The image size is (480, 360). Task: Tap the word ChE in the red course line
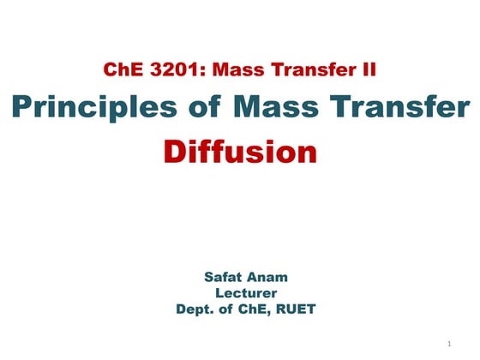point(121,69)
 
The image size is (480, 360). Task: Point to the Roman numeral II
point(369,69)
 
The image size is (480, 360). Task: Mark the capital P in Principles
point(22,109)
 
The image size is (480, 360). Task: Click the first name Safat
point(225,278)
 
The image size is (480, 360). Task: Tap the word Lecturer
point(246,293)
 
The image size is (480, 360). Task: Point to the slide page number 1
point(448,344)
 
